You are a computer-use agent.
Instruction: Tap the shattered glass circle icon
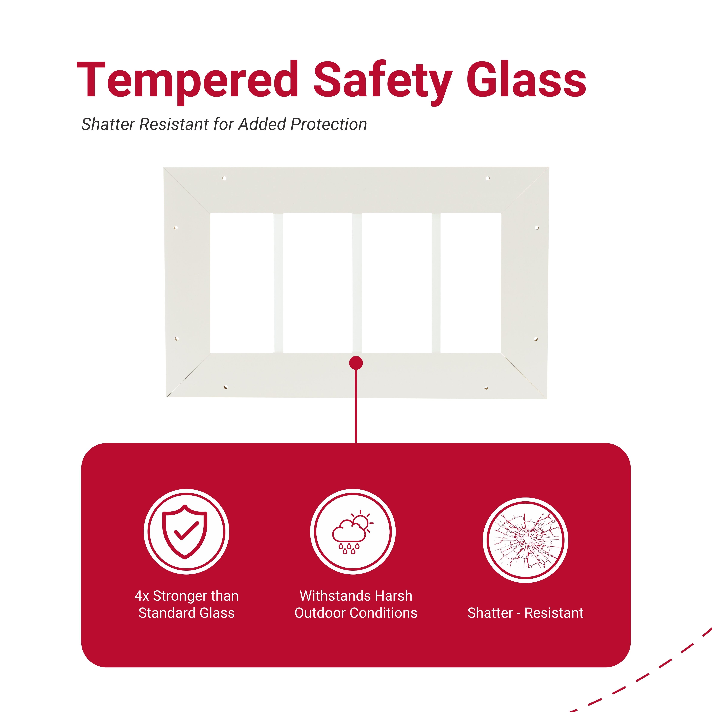pos(526,540)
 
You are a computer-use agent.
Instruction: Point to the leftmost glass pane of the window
pos(242,283)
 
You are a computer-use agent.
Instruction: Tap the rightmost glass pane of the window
pos(471,283)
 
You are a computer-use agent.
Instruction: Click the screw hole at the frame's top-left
pos(224,178)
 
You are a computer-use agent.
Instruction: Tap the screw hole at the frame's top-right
pos(488,178)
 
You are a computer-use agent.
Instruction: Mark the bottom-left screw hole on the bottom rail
pos(226,387)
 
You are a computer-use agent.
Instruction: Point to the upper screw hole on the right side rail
pos(537,228)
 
